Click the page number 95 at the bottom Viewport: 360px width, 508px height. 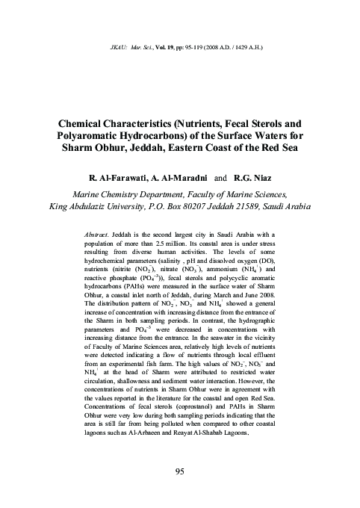[179, 470]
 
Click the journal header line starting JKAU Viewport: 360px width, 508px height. [179, 34]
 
